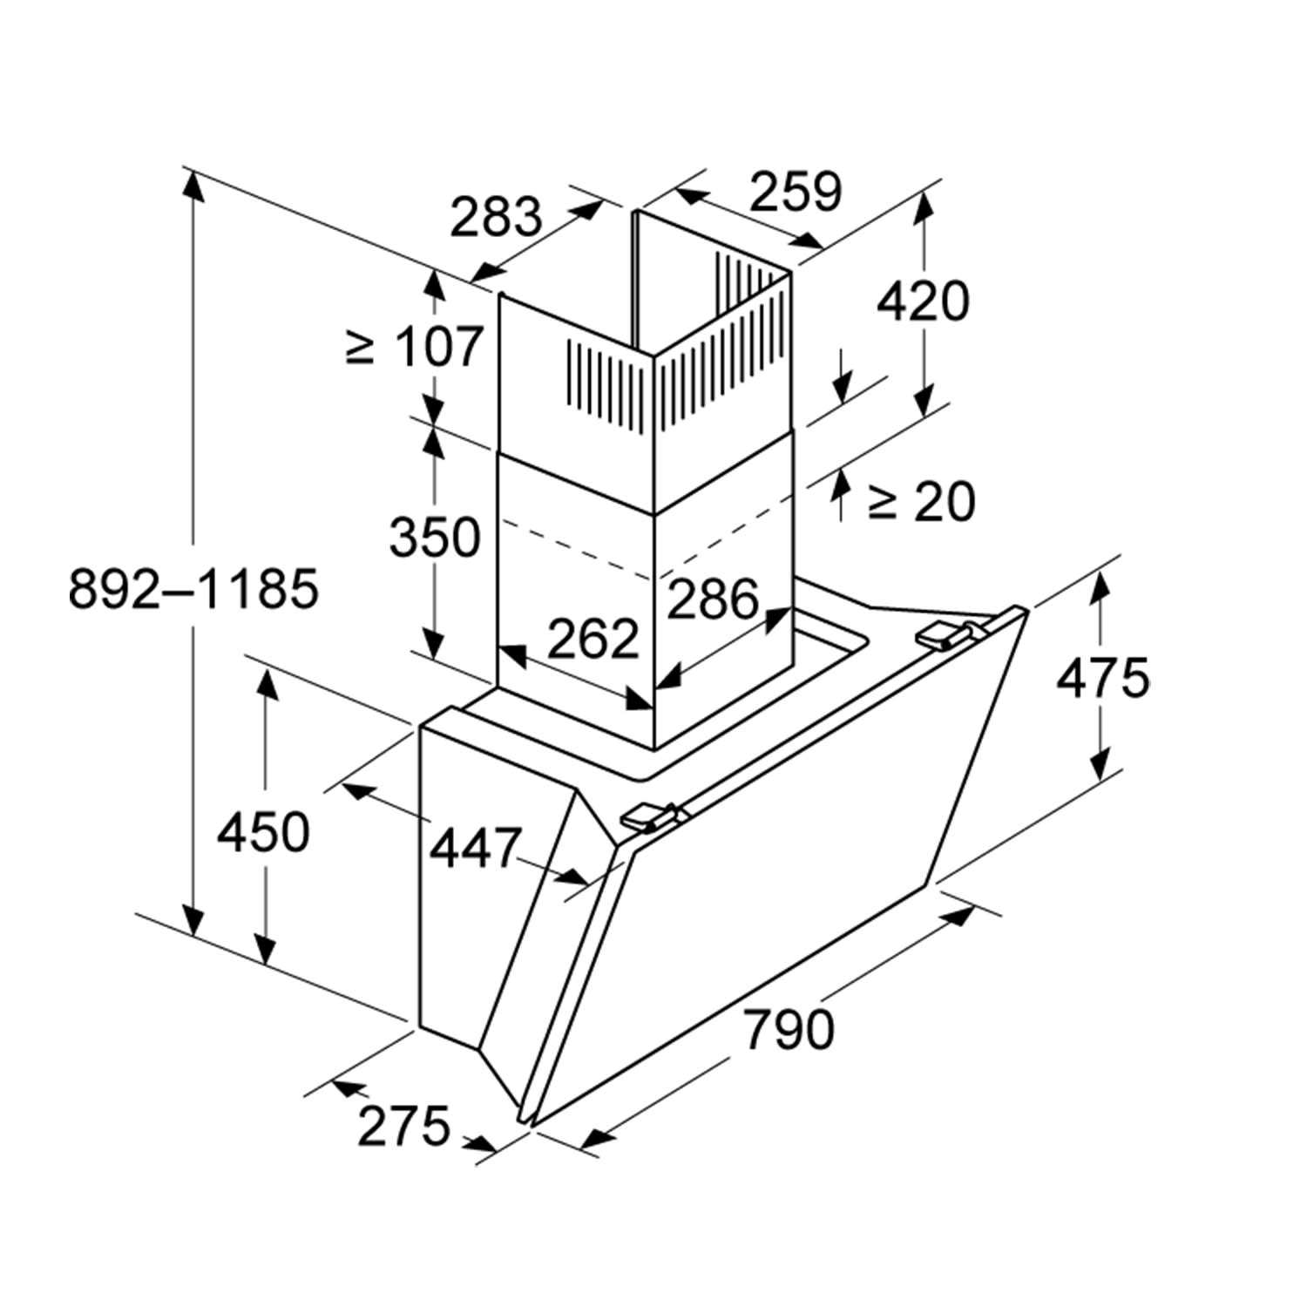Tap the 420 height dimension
pos(922,301)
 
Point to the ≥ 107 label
pos(414,346)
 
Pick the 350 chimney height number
pos(435,536)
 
